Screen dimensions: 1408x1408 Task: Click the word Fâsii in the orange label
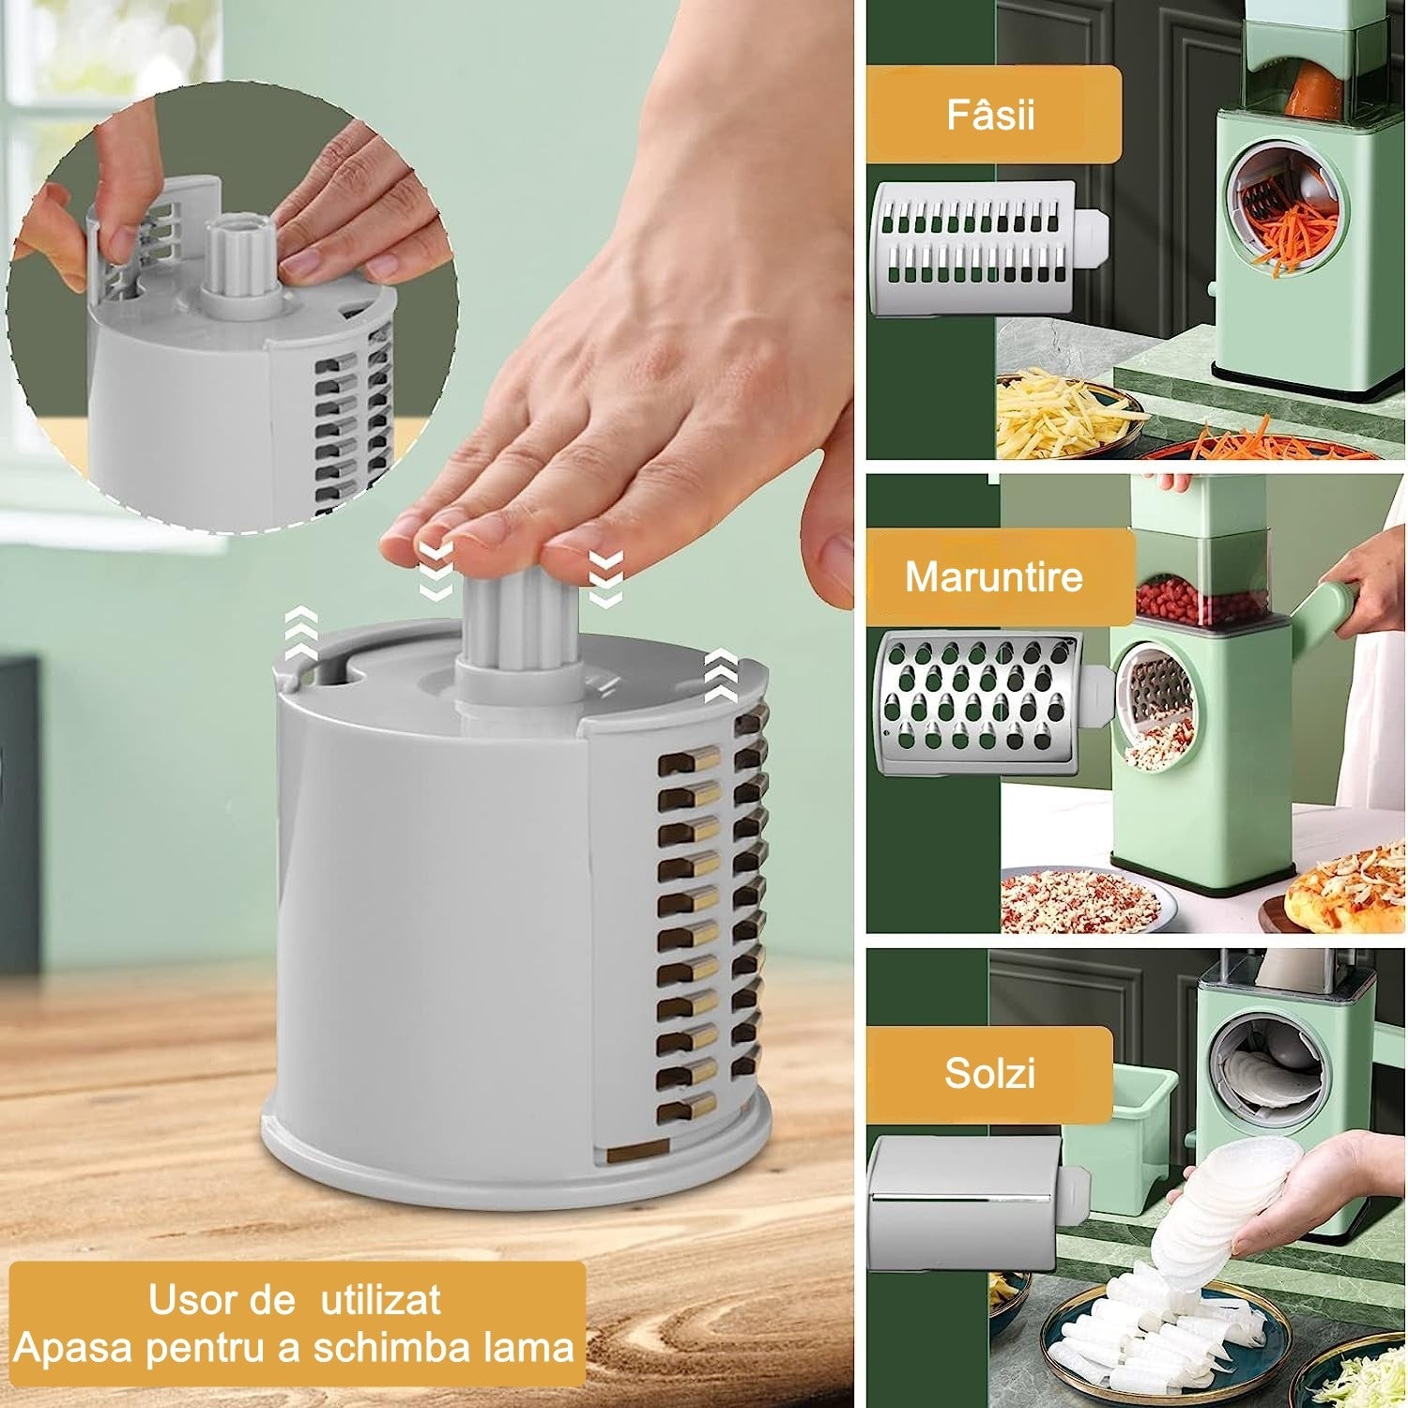click(990, 115)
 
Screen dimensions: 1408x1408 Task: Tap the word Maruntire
click(994, 575)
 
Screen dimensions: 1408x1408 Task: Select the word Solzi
click(989, 1072)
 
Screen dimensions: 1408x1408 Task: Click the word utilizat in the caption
click(381, 1300)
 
